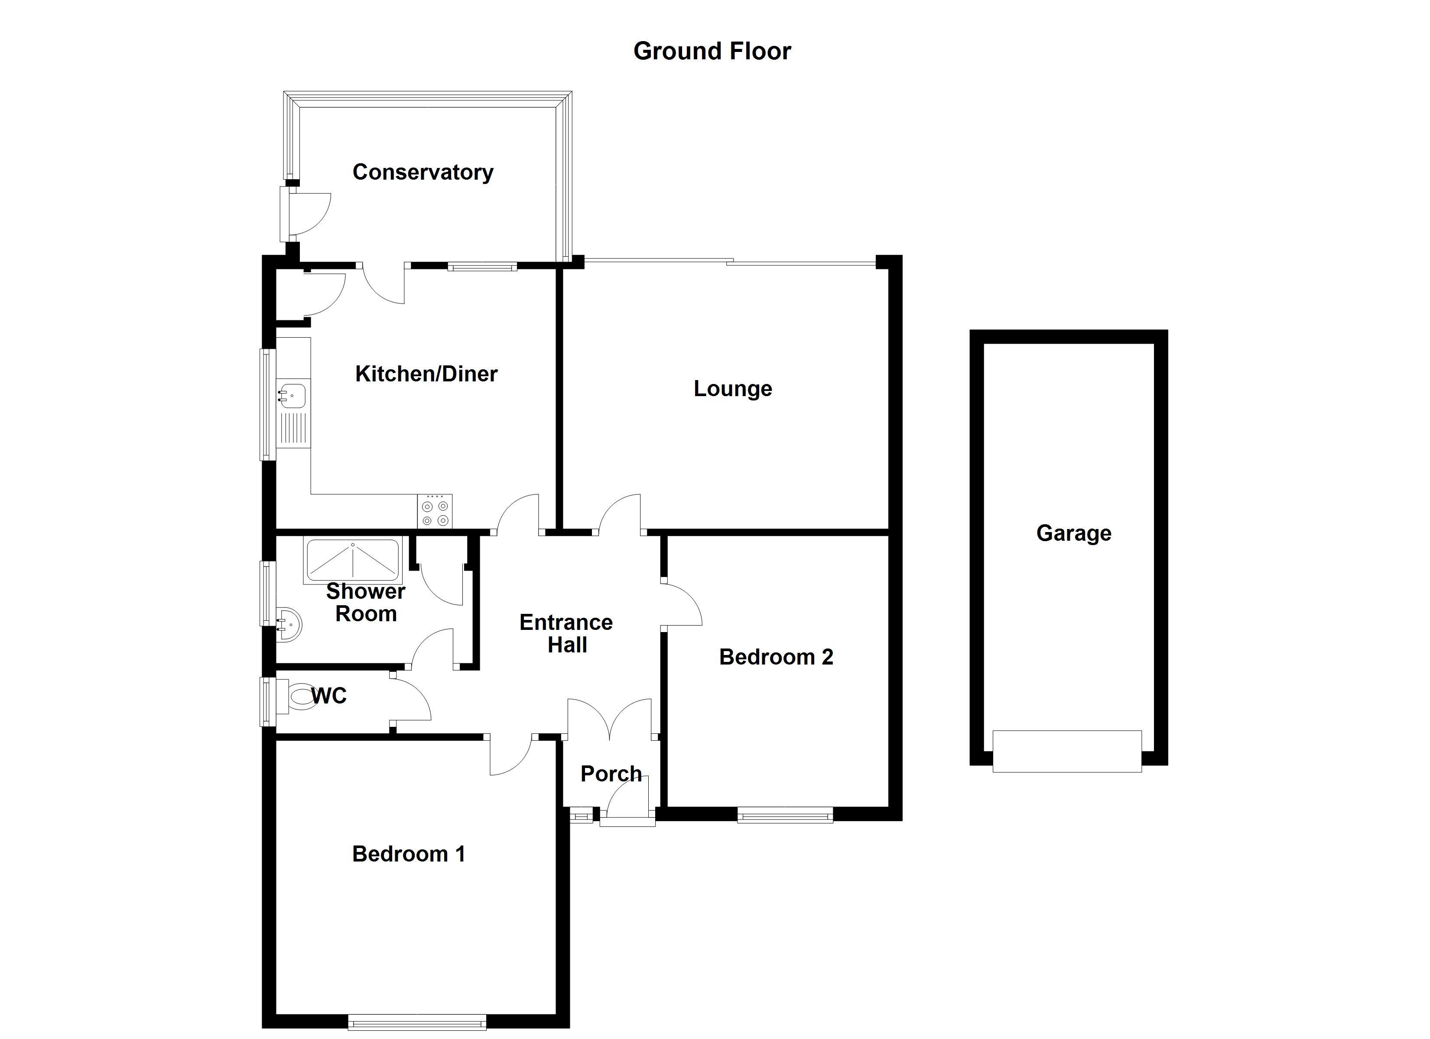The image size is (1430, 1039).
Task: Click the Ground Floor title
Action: coord(712,51)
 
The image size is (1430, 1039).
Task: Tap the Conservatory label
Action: coord(422,172)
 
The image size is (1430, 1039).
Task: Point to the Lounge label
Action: coord(733,388)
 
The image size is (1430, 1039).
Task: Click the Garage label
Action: coord(1074,533)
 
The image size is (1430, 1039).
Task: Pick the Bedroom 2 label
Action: coord(776,657)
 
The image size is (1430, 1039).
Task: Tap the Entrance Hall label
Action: coord(566,633)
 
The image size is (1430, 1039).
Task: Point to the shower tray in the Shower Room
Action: coord(353,560)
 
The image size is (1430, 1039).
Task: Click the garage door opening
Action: coord(1067,751)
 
